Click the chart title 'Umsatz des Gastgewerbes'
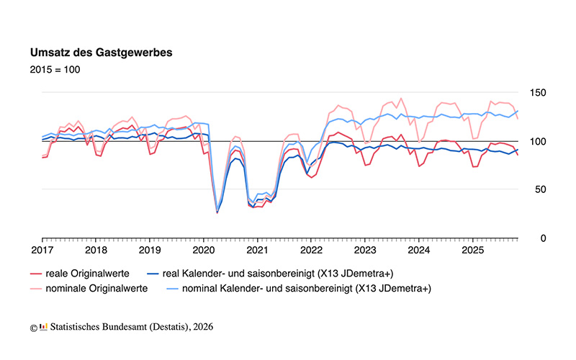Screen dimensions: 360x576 pos(101,53)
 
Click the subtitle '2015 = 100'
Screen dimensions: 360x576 pos(55,70)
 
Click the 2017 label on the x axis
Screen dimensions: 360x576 pos(42,251)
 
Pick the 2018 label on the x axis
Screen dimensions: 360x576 pos(96,251)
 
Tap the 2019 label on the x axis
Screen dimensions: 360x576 pos(150,251)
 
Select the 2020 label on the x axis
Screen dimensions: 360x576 pos(203,251)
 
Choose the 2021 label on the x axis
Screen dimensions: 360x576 pos(257,251)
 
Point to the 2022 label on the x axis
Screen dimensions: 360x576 pos(311,251)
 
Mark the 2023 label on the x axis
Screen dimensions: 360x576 pos(365,251)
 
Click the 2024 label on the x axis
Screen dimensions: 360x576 pos(419,251)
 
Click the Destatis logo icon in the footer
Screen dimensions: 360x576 pos(43,327)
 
